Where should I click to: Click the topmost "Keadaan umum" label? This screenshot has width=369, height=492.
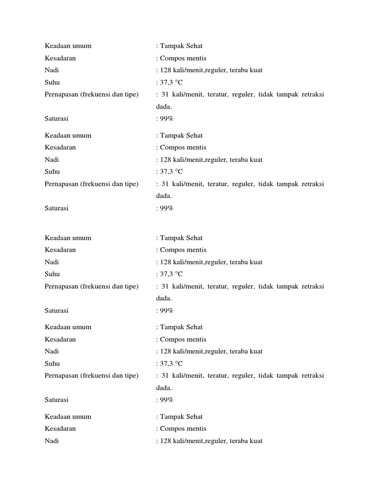[68, 46]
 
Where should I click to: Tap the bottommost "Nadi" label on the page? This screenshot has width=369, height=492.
[51, 441]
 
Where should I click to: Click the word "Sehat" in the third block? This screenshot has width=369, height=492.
[193, 238]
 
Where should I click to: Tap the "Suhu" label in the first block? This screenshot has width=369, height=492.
[52, 83]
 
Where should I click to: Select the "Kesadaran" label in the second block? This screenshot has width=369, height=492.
[60, 148]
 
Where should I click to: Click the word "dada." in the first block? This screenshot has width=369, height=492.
[164, 107]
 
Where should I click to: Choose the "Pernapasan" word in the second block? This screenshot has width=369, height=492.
[61, 184]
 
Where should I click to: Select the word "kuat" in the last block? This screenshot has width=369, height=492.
[256, 441]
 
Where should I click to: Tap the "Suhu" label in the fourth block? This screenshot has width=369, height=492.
[52, 363]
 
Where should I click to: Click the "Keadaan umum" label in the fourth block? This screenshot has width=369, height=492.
[68, 327]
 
